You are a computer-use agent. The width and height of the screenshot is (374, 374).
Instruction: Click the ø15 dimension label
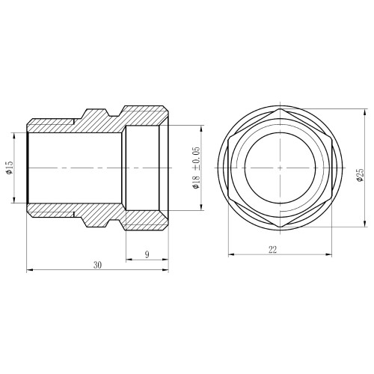(x=9, y=168)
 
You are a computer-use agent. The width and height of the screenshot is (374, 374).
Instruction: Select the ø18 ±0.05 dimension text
(x=196, y=168)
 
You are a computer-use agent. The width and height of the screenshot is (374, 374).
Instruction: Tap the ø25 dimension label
(x=361, y=175)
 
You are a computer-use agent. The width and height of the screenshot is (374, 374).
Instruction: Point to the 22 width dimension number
(x=272, y=249)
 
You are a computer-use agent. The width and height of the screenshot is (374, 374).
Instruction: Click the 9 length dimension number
(x=147, y=254)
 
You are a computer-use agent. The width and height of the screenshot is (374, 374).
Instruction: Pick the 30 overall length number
(x=98, y=265)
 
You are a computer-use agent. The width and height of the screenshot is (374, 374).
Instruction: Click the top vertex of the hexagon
(x=280, y=109)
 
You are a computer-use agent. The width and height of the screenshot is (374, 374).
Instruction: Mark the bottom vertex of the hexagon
(x=280, y=227)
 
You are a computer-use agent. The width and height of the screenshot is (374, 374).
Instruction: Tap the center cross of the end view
(x=280, y=168)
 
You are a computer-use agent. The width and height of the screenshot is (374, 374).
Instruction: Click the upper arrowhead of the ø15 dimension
(x=14, y=135)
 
